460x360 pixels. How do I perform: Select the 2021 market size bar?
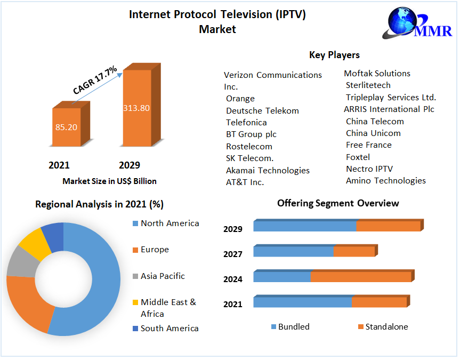point(66,127)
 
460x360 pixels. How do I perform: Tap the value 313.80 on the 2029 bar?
point(136,108)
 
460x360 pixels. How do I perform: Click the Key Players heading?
point(334,55)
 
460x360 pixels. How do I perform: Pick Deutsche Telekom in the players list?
point(262,111)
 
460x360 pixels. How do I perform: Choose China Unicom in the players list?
point(373,133)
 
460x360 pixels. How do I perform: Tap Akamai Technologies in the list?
point(268,171)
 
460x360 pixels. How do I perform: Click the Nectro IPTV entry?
point(369,169)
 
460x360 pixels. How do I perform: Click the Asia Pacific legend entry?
point(163,276)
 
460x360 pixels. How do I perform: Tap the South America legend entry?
point(170,329)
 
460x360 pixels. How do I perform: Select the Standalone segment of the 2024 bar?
point(361,277)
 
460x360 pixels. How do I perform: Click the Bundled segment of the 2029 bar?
point(305,226)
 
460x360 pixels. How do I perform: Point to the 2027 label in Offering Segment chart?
point(233,254)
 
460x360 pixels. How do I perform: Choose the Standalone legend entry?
point(386,327)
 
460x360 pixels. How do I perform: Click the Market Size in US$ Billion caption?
point(109,181)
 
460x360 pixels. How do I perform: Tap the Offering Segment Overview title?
point(338,203)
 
